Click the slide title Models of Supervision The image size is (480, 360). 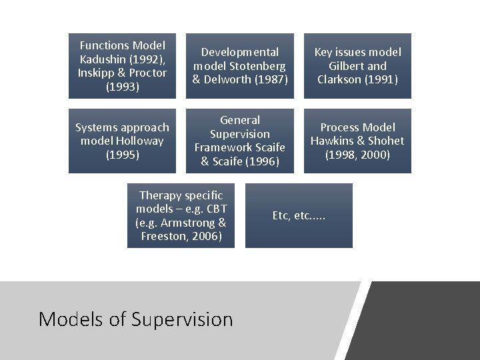(x=136, y=319)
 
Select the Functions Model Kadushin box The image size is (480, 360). (x=122, y=66)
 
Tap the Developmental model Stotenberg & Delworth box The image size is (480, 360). (x=240, y=66)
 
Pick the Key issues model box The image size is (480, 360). (x=358, y=66)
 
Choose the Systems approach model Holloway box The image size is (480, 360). (x=122, y=141)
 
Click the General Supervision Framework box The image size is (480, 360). (x=240, y=141)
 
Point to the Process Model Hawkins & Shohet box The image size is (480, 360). (x=358, y=141)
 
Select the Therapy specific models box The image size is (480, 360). (x=181, y=215)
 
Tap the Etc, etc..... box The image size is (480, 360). (x=299, y=215)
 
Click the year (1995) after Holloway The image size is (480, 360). (x=122, y=155)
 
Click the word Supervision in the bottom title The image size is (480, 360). (x=182, y=319)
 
